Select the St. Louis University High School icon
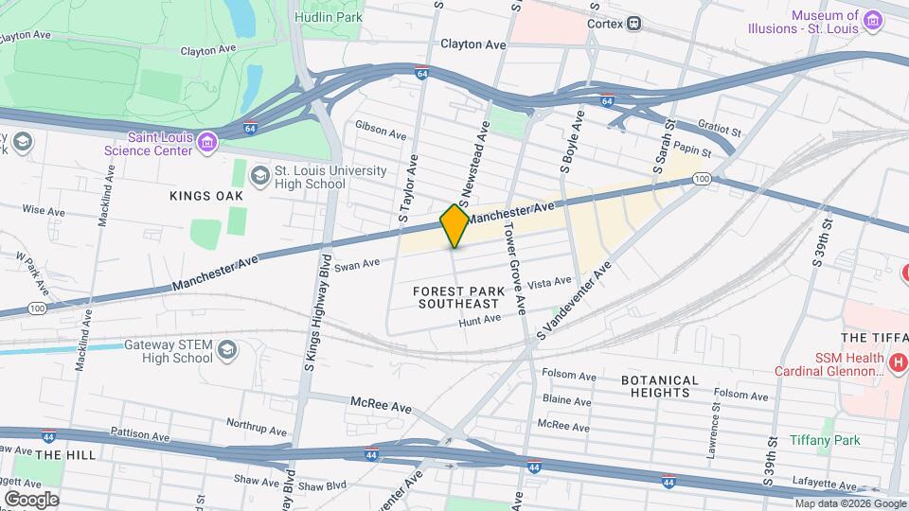coord(258,176)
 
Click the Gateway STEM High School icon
coord(226,351)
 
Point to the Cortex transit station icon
coord(633,23)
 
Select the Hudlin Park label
coord(328,17)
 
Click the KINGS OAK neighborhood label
coord(206,196)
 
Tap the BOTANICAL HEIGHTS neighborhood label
coord(660,386)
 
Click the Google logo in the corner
coord(30,499)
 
